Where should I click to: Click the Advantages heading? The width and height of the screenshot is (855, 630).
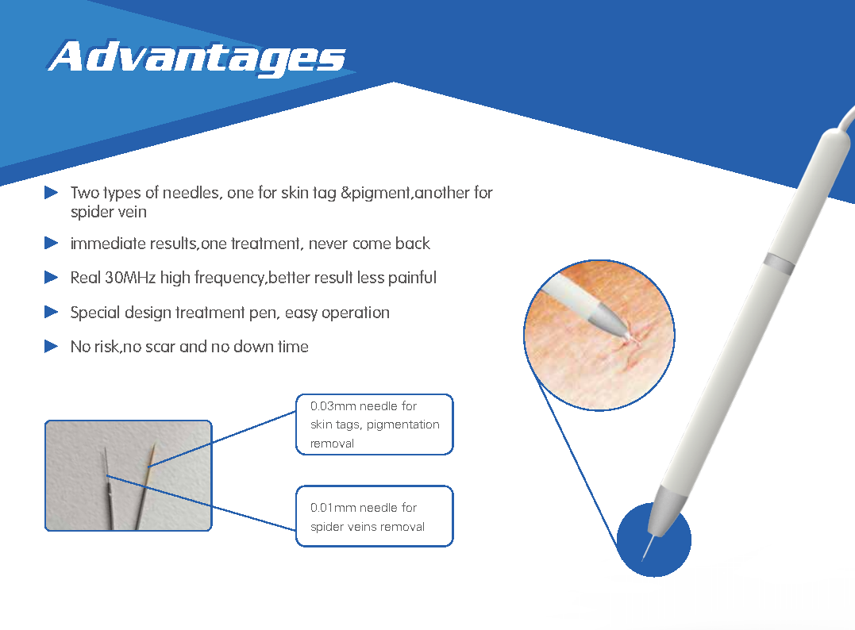pos(197,56)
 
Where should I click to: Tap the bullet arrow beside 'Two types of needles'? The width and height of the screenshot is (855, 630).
pos(52,193)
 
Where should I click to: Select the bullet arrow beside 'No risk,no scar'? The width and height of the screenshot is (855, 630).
pos(52,346)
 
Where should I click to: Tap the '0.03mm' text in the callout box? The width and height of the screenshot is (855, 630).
pos(333,406)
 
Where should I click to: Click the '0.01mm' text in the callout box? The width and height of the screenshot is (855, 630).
pos(333,508)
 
